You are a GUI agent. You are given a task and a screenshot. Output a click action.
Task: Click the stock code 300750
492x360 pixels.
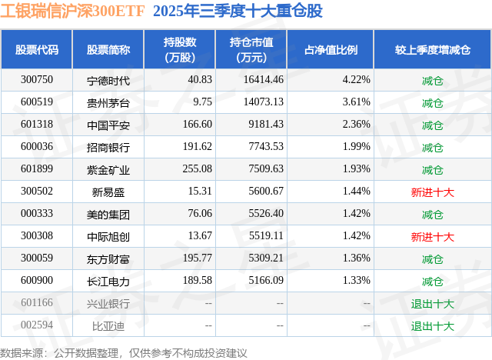tap(37, 80)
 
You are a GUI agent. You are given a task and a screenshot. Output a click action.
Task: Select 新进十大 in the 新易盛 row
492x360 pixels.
tap(432, 192)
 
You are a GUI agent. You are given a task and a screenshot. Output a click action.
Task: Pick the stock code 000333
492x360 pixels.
tap(37, 214)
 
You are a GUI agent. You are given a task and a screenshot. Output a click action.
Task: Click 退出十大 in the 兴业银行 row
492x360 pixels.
tap(432, 304)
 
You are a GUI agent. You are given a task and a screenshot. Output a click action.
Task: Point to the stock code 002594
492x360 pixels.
tap(37, 325)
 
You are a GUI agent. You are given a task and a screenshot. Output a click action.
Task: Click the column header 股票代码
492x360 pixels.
tap(37, 50)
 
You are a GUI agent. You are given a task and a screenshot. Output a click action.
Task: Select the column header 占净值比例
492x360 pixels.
tap(331, 50)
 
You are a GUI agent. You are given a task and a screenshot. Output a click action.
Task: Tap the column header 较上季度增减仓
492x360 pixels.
tap(432, 50)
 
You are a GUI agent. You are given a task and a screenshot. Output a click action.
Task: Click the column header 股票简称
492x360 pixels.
tap(108, 50)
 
